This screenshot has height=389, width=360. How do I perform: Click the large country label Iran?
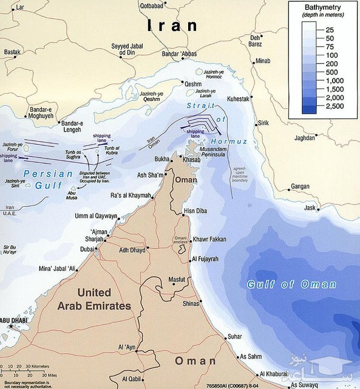click(172, 26)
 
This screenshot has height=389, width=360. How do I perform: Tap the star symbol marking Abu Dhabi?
click(10, 327)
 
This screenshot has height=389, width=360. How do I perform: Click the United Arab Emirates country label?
click(94, 300)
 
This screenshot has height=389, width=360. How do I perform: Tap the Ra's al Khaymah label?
click(130, 194)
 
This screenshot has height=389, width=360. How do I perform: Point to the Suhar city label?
click(234, 336)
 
